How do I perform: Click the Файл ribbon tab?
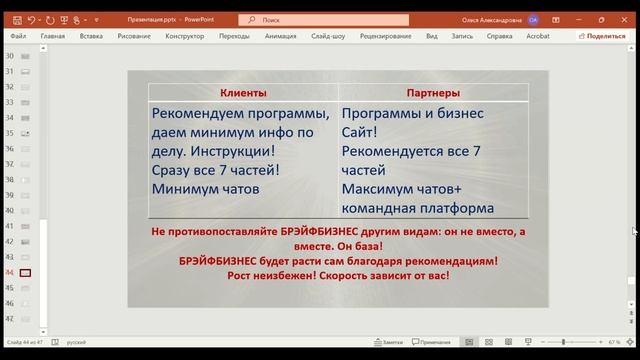point(18,36)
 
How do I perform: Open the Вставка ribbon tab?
point(91,36)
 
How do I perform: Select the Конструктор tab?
point(184,36)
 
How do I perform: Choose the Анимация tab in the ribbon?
point(281,36)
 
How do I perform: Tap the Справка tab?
point(499,36)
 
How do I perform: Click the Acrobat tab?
point(539,36)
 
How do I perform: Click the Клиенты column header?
point(243,93)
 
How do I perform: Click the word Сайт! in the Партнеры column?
point(359,132)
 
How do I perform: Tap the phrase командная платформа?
point(417,208)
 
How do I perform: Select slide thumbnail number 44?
point(25,272)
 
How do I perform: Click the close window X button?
point(625,19)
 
